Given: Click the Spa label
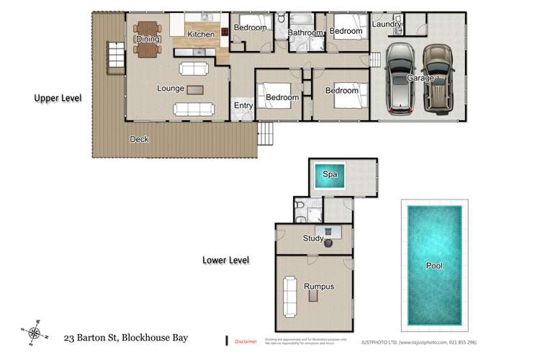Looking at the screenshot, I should click(x=330, y=174).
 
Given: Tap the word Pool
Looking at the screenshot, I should click(x=433, y=266).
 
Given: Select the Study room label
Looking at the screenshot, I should click(x=313, y=238).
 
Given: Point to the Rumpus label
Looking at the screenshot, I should click(x=319, y=286).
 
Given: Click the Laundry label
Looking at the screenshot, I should click(x=386, y=24).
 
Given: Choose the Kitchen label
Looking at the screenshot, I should click(x=200, y=34).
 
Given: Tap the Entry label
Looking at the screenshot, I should click(x=243, y=106).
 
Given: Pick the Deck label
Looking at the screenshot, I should click(x=139, y=139).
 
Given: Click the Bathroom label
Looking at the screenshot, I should click(x=305, y=32).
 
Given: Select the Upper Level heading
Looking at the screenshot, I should click(x=58, y=97).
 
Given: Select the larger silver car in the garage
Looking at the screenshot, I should click(x=398, y=79).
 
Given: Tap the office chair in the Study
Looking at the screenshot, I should click(x=328, y=242).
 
